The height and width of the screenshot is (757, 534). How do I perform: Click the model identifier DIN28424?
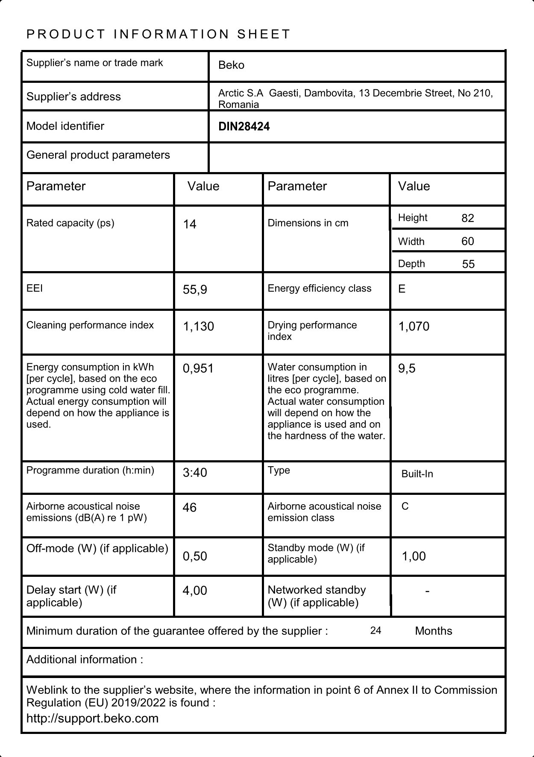coord(244,127)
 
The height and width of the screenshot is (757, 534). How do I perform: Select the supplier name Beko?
coord(231,65)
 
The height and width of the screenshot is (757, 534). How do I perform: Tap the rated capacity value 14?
coord(190,225)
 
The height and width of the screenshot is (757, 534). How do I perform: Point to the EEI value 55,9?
coord(195,290)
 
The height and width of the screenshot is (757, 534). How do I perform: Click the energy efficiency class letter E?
coord(402,289)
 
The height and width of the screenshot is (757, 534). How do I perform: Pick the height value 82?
coord(468,218)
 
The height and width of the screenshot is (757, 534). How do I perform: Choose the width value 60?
coord(468,242)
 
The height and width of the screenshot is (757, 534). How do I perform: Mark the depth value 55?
coord(468,264)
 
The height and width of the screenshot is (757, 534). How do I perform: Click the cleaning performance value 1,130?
coord(199,327)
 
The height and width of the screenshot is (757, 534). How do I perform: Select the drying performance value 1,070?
coord(414,327)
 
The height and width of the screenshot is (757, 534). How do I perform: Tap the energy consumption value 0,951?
coord(198,368)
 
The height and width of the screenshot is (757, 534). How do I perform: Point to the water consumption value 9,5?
coord(407,368)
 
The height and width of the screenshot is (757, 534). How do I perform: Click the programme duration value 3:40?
coord(195,473)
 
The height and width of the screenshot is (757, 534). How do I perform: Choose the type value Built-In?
coord(417,474)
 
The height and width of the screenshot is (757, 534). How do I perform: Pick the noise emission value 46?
coord(190,508)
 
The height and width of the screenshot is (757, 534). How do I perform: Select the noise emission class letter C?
coord(405,507)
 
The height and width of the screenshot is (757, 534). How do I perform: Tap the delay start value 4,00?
coord(195,591)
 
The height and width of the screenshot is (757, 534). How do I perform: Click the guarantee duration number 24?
coord(376,631)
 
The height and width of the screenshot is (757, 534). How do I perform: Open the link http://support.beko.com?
coord(92,718)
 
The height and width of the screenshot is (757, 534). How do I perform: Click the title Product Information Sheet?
coord(158,34)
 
